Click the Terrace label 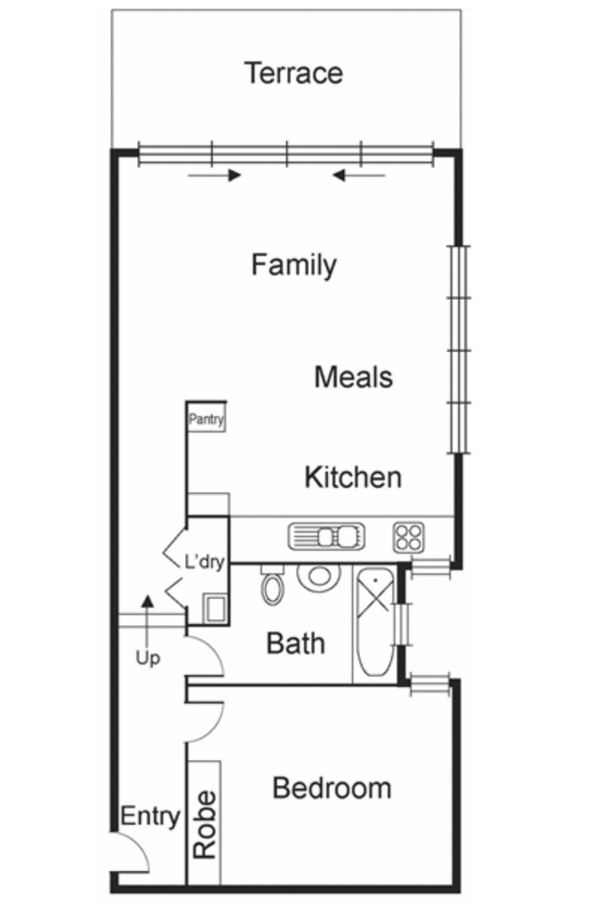coord(294,73)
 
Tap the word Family coord(294,265)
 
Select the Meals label coord(353,376)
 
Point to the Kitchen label coord(353,477)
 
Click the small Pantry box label coord(206,420)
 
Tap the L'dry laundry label coord(204,562)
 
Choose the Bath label coord(296,643)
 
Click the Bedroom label coord(331,788)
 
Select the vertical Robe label coord(204,824)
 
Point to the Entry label coord(150,816)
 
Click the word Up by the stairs coord(148,659)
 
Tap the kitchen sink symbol coord(326,537)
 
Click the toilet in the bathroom coord(271,585)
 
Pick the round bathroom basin coord(319,575)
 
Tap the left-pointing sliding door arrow coord(359,175)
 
